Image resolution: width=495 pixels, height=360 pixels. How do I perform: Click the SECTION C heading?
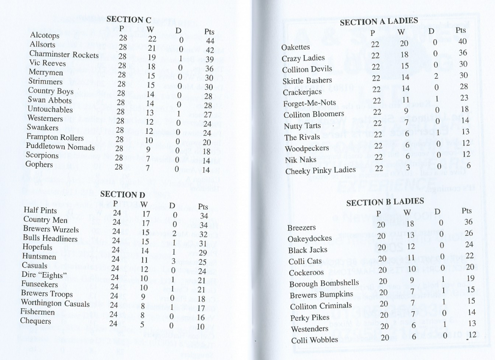(129, 20)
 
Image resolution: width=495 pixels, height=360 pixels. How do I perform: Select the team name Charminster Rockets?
(64, 54)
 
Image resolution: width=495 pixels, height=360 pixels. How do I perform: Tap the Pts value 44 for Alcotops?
(210, 42)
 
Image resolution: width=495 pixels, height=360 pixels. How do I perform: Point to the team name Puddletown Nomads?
(60, 146)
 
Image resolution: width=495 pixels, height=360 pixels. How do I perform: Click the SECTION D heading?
(122, 195)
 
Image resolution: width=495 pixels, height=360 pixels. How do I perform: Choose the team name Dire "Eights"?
(44, 275)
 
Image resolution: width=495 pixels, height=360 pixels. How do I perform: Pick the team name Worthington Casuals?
(55, 303)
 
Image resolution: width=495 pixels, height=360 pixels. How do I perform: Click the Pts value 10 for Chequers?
(201, 327)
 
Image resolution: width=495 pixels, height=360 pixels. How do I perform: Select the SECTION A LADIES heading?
(379, 22)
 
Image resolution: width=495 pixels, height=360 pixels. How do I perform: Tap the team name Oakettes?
(295, 47)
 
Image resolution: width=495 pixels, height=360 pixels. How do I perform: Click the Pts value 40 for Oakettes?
(462, 42)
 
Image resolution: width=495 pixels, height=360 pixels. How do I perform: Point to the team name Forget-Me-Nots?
(309, 103)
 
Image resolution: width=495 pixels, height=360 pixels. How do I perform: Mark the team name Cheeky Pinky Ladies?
(320, 170)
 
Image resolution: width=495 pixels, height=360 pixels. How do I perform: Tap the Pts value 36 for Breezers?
(468, 222)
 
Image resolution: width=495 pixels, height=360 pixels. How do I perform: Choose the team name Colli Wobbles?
(314, 340)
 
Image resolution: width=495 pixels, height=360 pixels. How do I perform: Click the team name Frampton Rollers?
(55, 137)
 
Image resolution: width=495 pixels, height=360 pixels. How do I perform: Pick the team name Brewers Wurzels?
(51, 229)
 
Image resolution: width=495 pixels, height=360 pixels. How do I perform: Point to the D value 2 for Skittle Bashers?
(436, 76)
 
